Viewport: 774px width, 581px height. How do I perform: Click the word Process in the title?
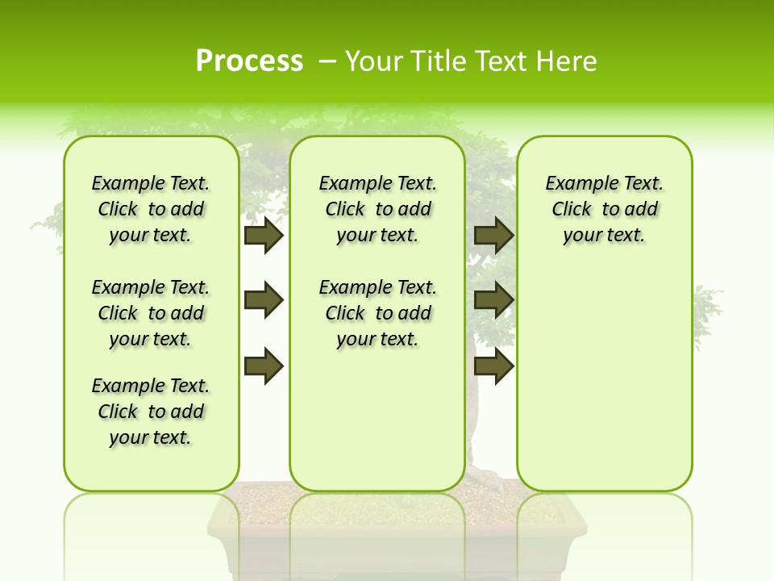pos(249,61)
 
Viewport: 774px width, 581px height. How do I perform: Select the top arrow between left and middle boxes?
pos(264,235)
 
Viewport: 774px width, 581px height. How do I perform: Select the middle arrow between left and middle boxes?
pos(264,301)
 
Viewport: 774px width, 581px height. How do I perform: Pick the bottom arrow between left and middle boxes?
pos(264,366)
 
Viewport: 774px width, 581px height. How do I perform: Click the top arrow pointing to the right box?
pos(493,235)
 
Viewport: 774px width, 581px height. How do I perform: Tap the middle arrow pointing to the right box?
pos(493,301)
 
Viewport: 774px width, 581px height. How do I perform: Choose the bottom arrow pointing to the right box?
pos(493,366)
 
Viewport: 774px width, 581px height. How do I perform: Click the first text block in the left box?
pos(151,209)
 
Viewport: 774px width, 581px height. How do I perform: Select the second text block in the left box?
pos(151,313)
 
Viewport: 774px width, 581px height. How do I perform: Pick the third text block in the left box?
pos(151,412)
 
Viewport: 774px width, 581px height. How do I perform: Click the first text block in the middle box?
pos(377,209)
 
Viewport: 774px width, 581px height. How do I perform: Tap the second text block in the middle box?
pos(377,313)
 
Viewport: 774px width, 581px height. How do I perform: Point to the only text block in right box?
pos(604,209)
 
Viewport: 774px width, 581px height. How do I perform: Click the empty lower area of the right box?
pos(604,387)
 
